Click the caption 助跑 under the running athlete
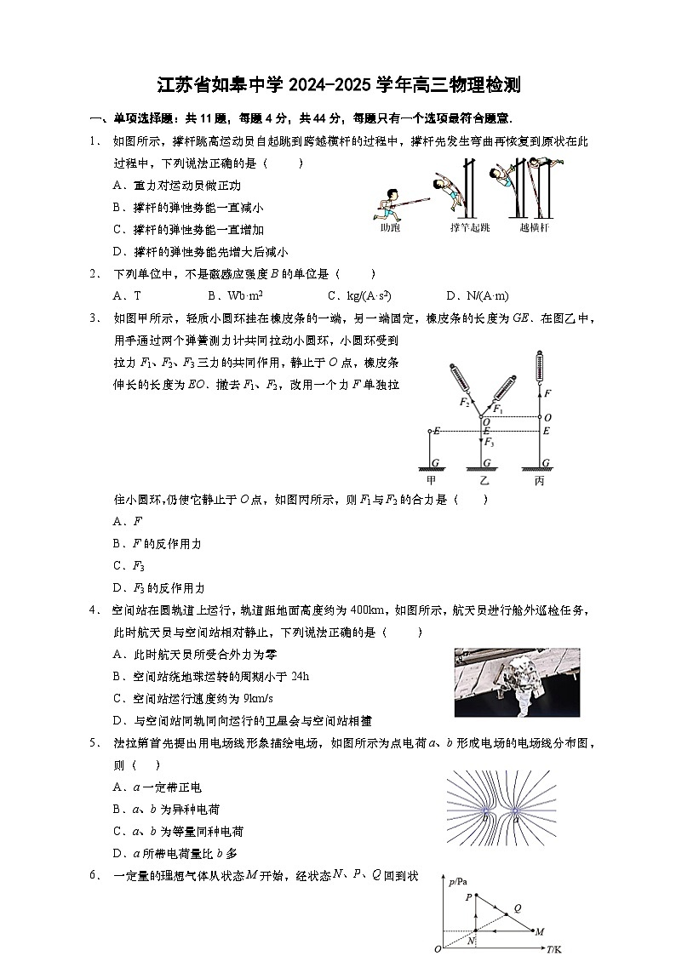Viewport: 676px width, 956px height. (x=390, y=227)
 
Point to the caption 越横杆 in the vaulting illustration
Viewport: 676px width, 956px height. (x=534, y=227)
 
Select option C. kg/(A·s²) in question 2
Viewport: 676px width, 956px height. (x=358, y=296)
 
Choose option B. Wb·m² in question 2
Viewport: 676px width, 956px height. (x=234, y=296)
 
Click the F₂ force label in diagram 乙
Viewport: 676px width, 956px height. (x=464, y=402)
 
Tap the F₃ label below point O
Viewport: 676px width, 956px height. (x=490, y=443)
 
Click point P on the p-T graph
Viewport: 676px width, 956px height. (x=476, y=896)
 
